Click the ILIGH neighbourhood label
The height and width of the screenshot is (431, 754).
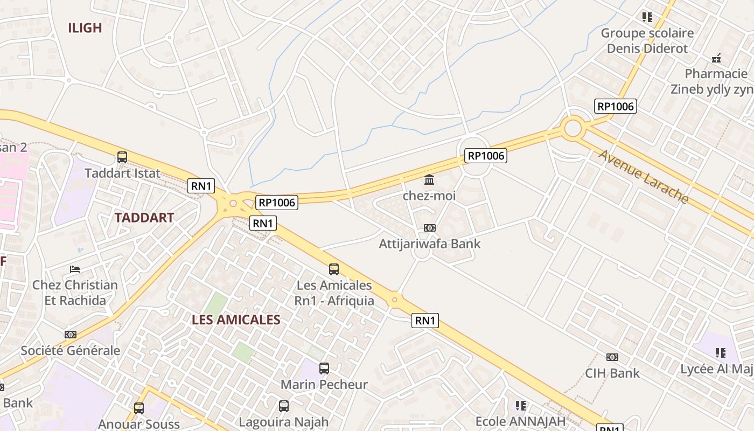(85, 28)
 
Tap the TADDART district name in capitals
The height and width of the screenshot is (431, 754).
(144, 218)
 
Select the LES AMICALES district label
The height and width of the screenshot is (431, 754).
(236, 319)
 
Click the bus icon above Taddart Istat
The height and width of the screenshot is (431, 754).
(122, 157)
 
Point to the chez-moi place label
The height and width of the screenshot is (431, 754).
(429, 196)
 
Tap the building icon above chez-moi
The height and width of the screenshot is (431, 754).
(429, 179)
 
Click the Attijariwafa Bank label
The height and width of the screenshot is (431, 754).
(430, 244)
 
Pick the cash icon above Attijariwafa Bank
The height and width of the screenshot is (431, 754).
(429, 228)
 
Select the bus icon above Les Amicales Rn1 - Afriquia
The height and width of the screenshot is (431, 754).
(334, 269)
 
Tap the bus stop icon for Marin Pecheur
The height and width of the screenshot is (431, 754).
(324, 369)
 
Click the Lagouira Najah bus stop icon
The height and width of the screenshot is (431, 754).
(284, 406)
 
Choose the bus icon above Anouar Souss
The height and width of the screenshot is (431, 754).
(139, 408)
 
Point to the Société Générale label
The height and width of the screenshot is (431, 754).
(71, 351)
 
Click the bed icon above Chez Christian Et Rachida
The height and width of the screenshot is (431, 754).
(75, 269)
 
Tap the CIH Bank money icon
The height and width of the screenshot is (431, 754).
(612, 357)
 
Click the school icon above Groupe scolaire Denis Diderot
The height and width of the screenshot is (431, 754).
(647, 17)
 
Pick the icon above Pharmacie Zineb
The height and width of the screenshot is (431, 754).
(716, 58)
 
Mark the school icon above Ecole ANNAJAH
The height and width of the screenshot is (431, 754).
(520, 405)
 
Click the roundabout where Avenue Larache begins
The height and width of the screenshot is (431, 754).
(573, 129)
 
